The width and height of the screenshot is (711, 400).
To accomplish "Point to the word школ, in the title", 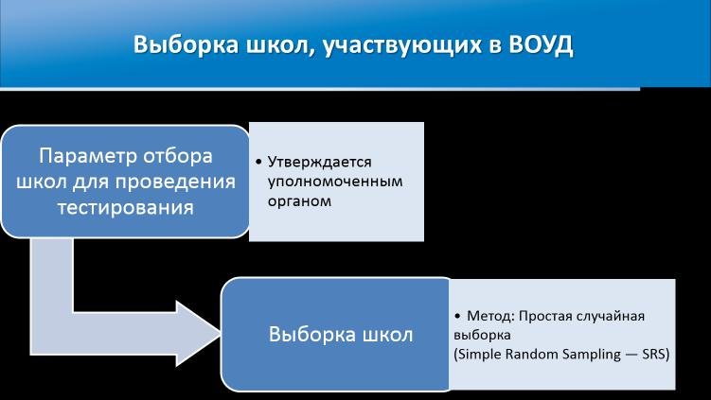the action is (x=280, y=45).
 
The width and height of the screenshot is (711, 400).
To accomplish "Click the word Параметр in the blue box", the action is (x=88, y=156).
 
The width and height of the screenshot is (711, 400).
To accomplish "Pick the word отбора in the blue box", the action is (x=178, y=156).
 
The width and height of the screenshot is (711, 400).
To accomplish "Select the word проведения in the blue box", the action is (x=175, y=183).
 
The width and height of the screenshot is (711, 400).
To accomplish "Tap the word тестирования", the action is (x=126, y=208).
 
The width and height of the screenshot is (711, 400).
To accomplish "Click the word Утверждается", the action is (x=319, y=162).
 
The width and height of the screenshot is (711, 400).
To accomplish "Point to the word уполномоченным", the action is (x=335, y=182).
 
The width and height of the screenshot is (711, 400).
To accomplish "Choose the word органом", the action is (x=299, y=201).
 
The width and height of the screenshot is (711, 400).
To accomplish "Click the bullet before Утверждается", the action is (x=258, y=162).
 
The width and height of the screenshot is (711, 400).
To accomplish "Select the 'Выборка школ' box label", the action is (x=341, y=335).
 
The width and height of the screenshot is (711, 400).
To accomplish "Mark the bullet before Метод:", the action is (x=457, y=316).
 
